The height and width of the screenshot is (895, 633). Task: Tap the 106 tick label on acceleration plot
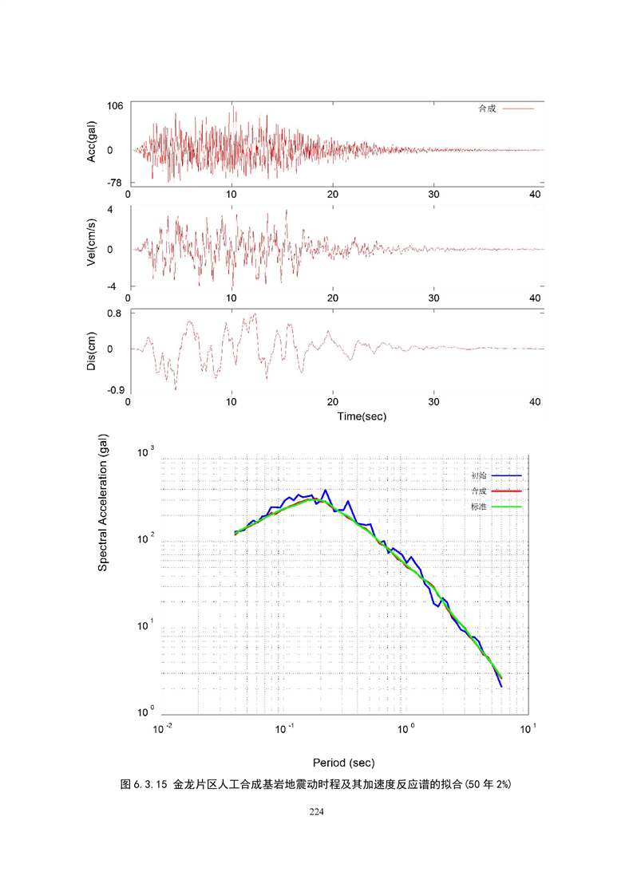115,106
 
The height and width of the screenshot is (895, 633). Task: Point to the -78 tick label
115,183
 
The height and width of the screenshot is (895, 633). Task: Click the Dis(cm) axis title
92,349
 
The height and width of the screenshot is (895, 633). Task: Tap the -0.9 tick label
115,389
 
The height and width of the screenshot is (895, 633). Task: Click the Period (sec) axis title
343,762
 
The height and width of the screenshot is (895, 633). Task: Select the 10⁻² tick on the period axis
164,729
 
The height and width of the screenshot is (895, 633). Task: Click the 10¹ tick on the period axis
528,729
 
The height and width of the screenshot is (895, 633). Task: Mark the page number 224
317,811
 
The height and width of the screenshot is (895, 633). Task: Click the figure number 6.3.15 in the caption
150,785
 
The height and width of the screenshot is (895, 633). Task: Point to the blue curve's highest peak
325,491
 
